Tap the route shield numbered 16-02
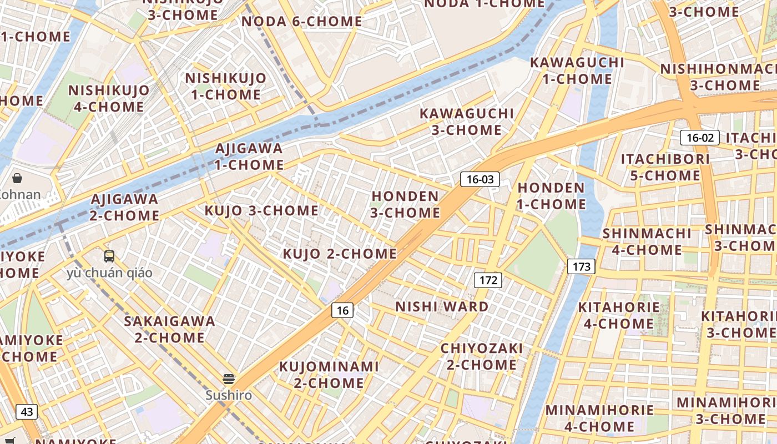pyautogui.click(x=699, y=138)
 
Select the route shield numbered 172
pyautogui.click(x=488, y=280)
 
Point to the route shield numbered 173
pyautogui.click(x=581, y=266)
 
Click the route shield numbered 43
pyautogui.click(x=27, y=412)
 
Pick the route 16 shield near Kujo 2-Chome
pyautogui.click(x=342, y=310)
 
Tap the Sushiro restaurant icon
pyautogui.click(x=229, y=379)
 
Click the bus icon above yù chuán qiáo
pyautogui.click(x=109, y=256)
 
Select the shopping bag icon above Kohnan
pyautogui.click(x=17, y=178)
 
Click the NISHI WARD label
pyautogui.click(x=442, y=306)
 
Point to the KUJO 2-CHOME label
pyautogui.click(x=340, y=254)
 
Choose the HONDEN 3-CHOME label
pyautogui.click(x=405, y=204)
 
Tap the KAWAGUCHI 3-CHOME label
pyautogui.click(x=467, y=122)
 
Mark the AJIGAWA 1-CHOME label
pyautogui.click(x=249, y=157)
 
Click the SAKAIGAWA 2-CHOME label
pyautogui.click(x=169, y=329)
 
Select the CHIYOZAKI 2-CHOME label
pyautogui.click(x=481, y=356)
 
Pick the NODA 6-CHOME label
pyautogui.click(x=302, y=22)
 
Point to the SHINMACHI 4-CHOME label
pyautogui.click(x=647, y=241)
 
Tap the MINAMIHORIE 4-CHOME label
pyautogui.click(x=599, y=418)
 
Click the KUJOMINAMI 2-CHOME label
pyautogui.click(x=329, y=375)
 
